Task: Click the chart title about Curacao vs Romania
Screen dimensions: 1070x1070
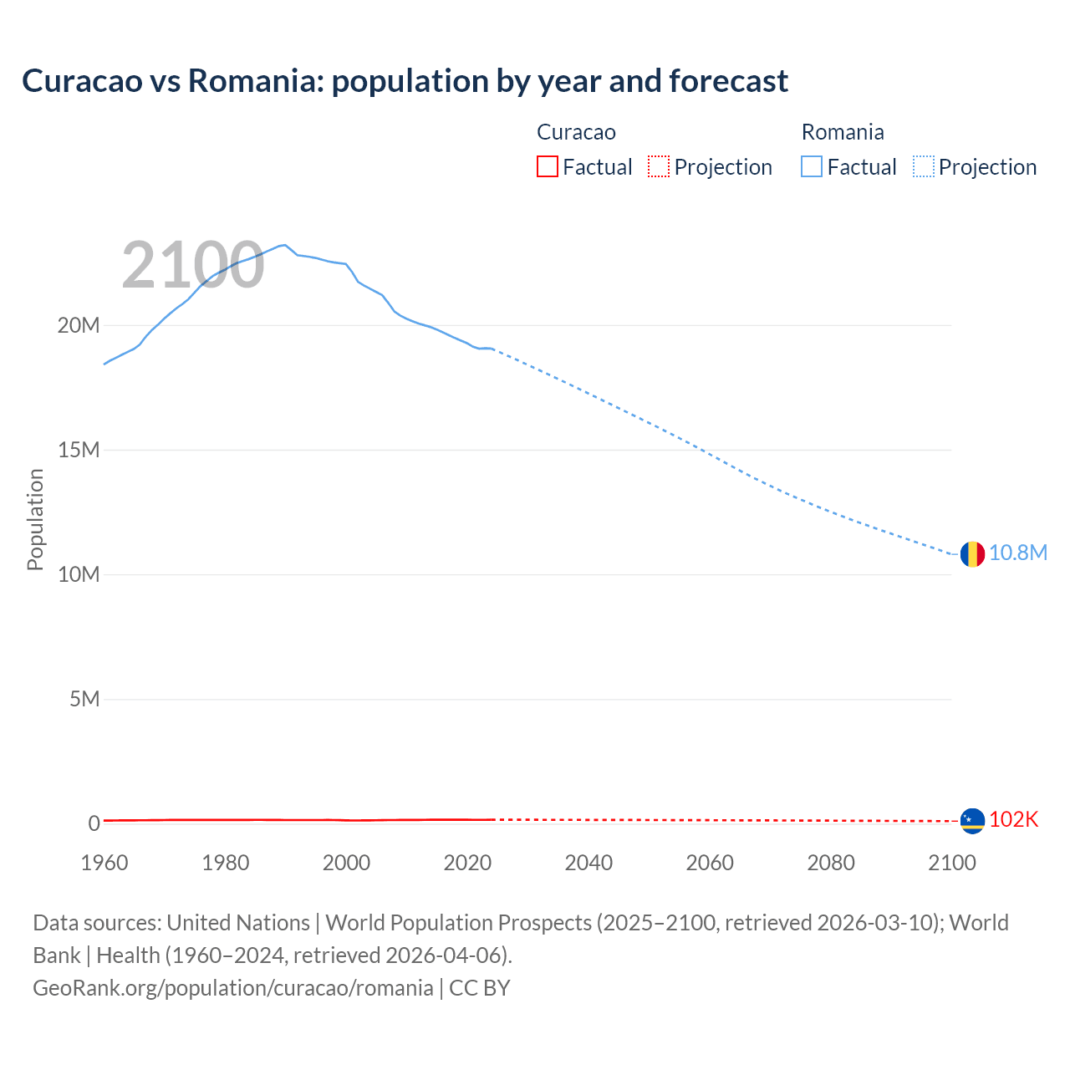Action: tap(405, 81)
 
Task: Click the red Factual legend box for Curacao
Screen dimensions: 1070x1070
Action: tap(547, 166)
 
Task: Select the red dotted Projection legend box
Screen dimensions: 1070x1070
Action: tap(659, 166)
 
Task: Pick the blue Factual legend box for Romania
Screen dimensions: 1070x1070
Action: tap(812, 166)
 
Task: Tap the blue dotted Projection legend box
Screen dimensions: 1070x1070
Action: tap(924, 166)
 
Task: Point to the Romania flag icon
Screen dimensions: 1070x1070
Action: tap(972, 553)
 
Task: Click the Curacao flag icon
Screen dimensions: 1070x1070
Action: tap(972, 820)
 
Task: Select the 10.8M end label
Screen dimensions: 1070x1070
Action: tap(1018, 553)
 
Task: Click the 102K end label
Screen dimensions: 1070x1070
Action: tap(1013, 820)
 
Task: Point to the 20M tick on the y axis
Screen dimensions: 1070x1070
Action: tap(79, 325)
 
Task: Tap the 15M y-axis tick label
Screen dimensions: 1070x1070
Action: tap(79, 450)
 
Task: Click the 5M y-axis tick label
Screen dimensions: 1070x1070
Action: tap(84, 699)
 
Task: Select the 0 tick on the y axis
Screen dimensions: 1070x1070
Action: tap(94, 823)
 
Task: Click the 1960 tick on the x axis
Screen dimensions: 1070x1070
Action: tap(104, 863)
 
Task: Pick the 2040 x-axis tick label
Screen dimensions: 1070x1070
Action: tap(588, 863)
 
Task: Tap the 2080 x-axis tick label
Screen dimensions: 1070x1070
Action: tap(831, 863)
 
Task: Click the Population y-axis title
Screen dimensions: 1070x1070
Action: tap(35, 519)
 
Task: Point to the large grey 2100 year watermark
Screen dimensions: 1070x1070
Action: tap(193, 265)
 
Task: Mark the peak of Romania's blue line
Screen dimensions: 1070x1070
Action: tap(285, 245)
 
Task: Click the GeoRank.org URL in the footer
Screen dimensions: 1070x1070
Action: tap(233, 988)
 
